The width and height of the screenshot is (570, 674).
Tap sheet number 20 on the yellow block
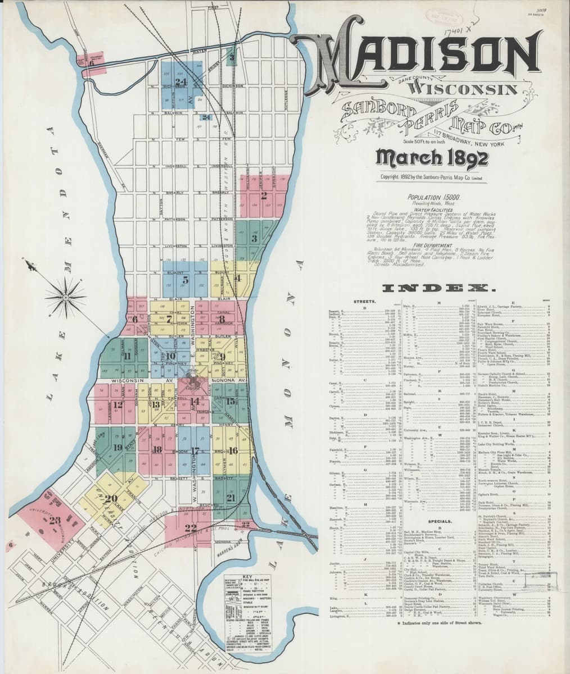click(x=111, y=498)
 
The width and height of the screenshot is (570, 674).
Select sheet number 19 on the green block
click(x=117, y=448)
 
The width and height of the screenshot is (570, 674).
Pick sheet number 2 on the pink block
click(x=263, y=196)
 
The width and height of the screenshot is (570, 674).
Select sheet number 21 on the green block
click(x=231, y=498)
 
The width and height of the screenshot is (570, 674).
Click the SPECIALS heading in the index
click(x=441, y=521)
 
